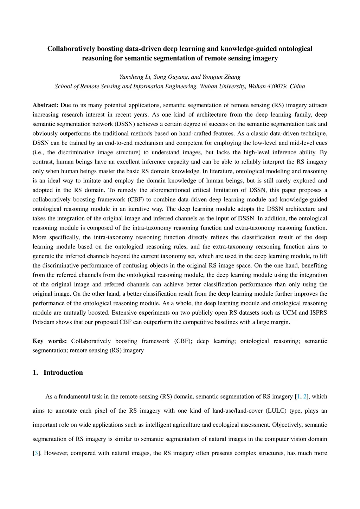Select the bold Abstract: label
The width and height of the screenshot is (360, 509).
pyautogui.click(x=45, y=105)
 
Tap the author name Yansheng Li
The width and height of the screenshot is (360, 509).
pyautogui.click(x=135, y=77)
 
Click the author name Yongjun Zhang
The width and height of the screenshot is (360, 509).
pyautogui.click(x=221, y=77)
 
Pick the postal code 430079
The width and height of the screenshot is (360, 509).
pyautogui.click(x=277, y=86)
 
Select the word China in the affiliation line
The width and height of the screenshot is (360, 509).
pyautogui.click(x=297, y=86)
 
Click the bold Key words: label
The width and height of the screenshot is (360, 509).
pyautogui.click(x=50, y=341)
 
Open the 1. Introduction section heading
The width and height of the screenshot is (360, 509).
pyautogui.click(x=58, y=373)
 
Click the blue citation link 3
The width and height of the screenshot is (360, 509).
pyautogui.click(x=36, y=453)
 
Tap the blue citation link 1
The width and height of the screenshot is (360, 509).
pyautogui.click(x=298, y=397)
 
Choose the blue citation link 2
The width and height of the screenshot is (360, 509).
pyautogui.click(x=305, y=397)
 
